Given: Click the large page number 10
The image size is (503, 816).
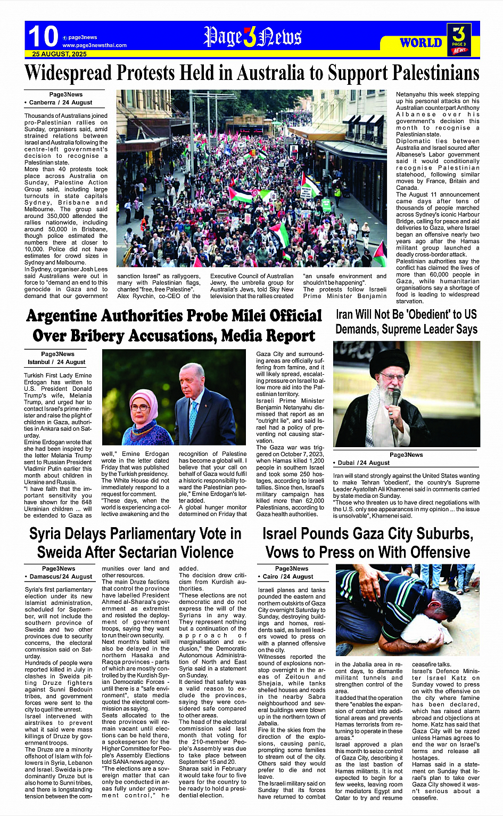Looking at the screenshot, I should tap(43, 36).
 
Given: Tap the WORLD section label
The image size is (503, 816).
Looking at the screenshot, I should tap(420, 43).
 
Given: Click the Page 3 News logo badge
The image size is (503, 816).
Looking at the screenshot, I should tap(459, 39).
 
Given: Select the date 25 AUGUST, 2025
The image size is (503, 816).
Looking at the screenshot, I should tap(59, 54).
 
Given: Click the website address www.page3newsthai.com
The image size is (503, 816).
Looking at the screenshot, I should tap(94, 45).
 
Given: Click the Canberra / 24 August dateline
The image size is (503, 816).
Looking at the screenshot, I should tap(60, 102).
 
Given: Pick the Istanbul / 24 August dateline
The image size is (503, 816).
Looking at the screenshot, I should tap(56, 362).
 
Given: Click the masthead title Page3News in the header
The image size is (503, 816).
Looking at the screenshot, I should tap(252, 37).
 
